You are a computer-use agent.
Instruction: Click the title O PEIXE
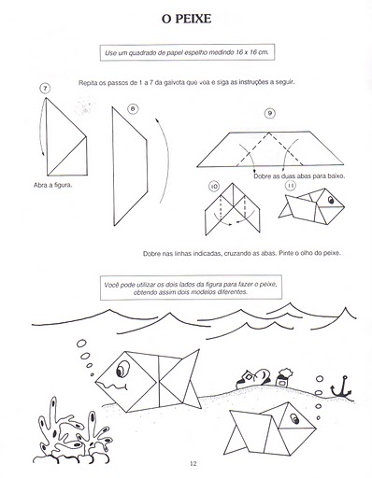(186, 19)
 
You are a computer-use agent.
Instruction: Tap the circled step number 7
(45, 89)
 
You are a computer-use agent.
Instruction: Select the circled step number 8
(133, 108)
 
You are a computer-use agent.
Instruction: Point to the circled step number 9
(270, 113)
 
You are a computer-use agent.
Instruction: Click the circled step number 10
(214, 187)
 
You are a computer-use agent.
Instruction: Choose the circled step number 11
(291, 186)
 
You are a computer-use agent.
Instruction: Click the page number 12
(193, 463)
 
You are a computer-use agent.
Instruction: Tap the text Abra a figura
(52, 185)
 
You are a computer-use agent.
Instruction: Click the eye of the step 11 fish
(331, 200)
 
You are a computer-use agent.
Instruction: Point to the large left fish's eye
(122, 369)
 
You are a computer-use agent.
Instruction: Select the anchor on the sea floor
(342, 388)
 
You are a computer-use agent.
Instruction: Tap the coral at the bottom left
(72, 431)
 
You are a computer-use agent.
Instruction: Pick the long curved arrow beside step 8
(164, 160)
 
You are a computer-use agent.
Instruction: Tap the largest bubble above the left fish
(81, 344)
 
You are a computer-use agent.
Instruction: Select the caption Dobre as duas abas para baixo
(299, 176)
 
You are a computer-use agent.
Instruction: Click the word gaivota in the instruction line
(174, 83)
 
